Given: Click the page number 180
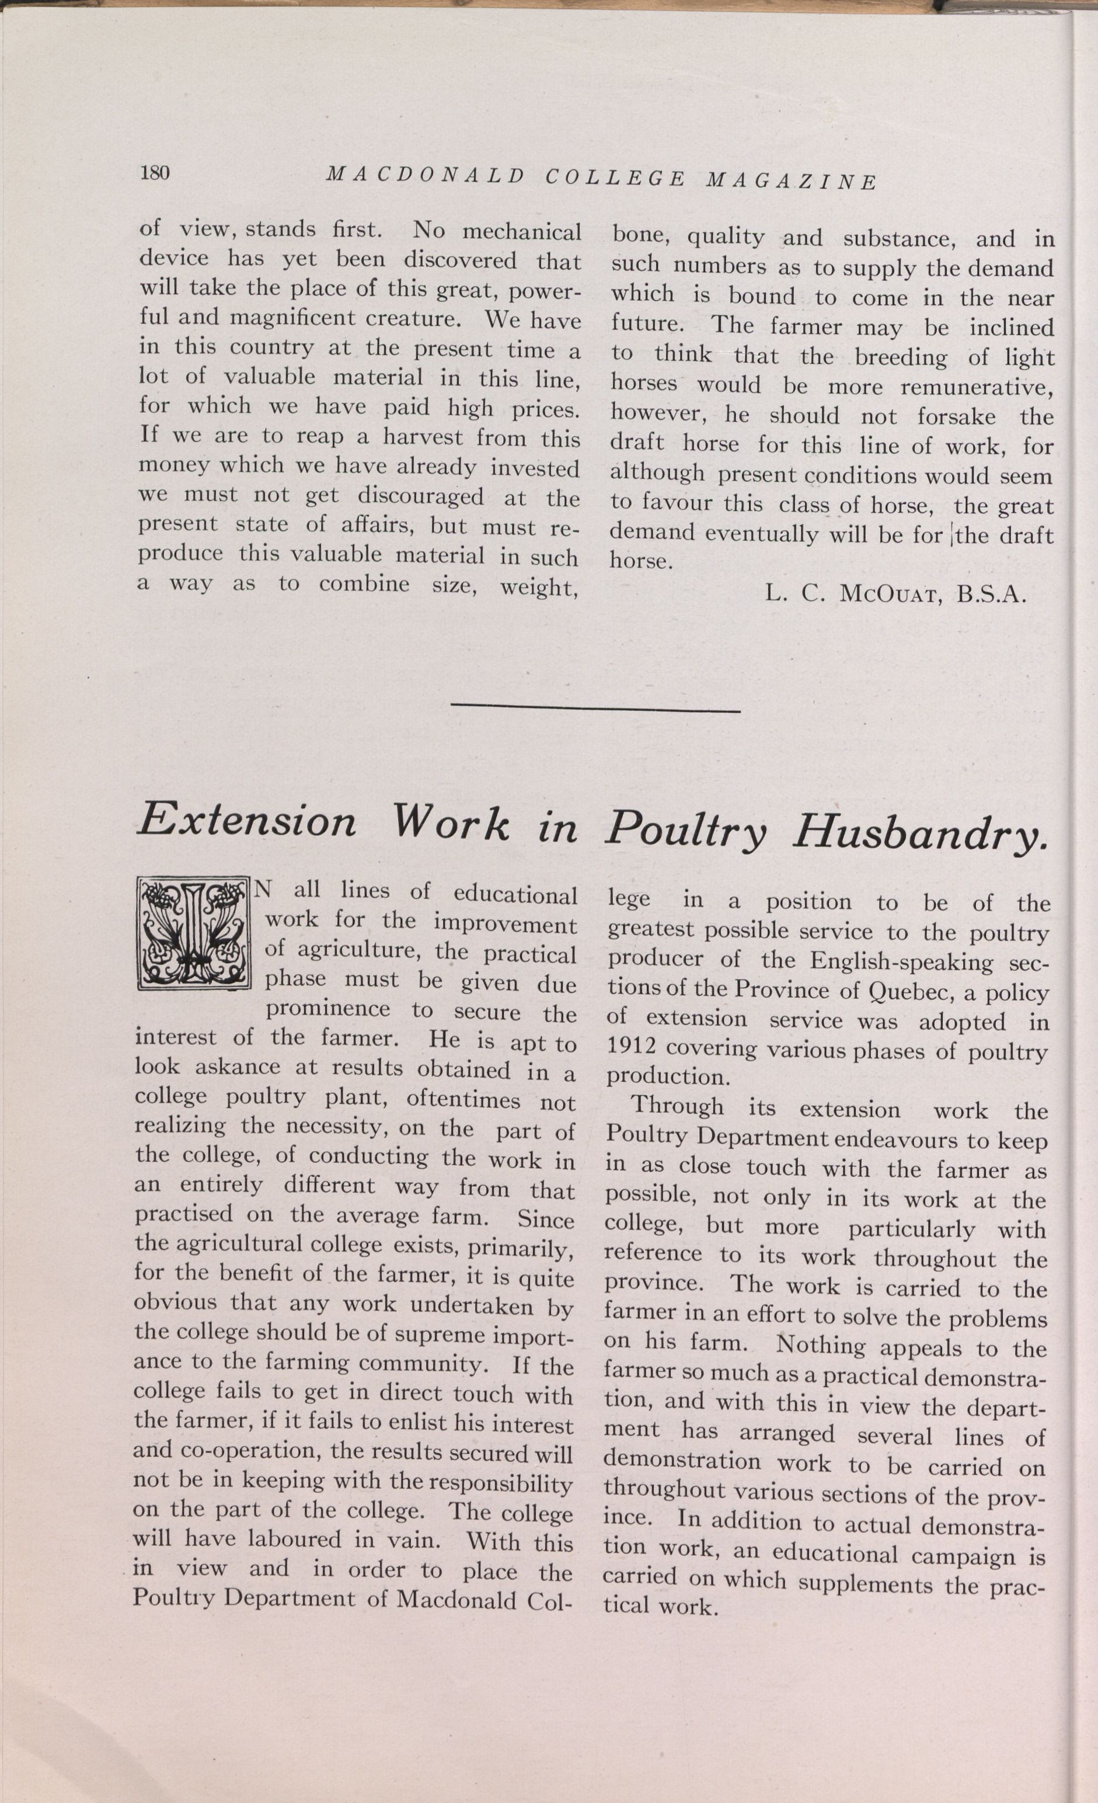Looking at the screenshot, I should pyautogui.click(x=154, y=173).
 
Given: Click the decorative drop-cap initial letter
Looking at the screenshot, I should pyautogui.click(x=194, y=934).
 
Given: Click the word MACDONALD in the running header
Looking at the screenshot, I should pyautogui.click(x=425, y=176).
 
